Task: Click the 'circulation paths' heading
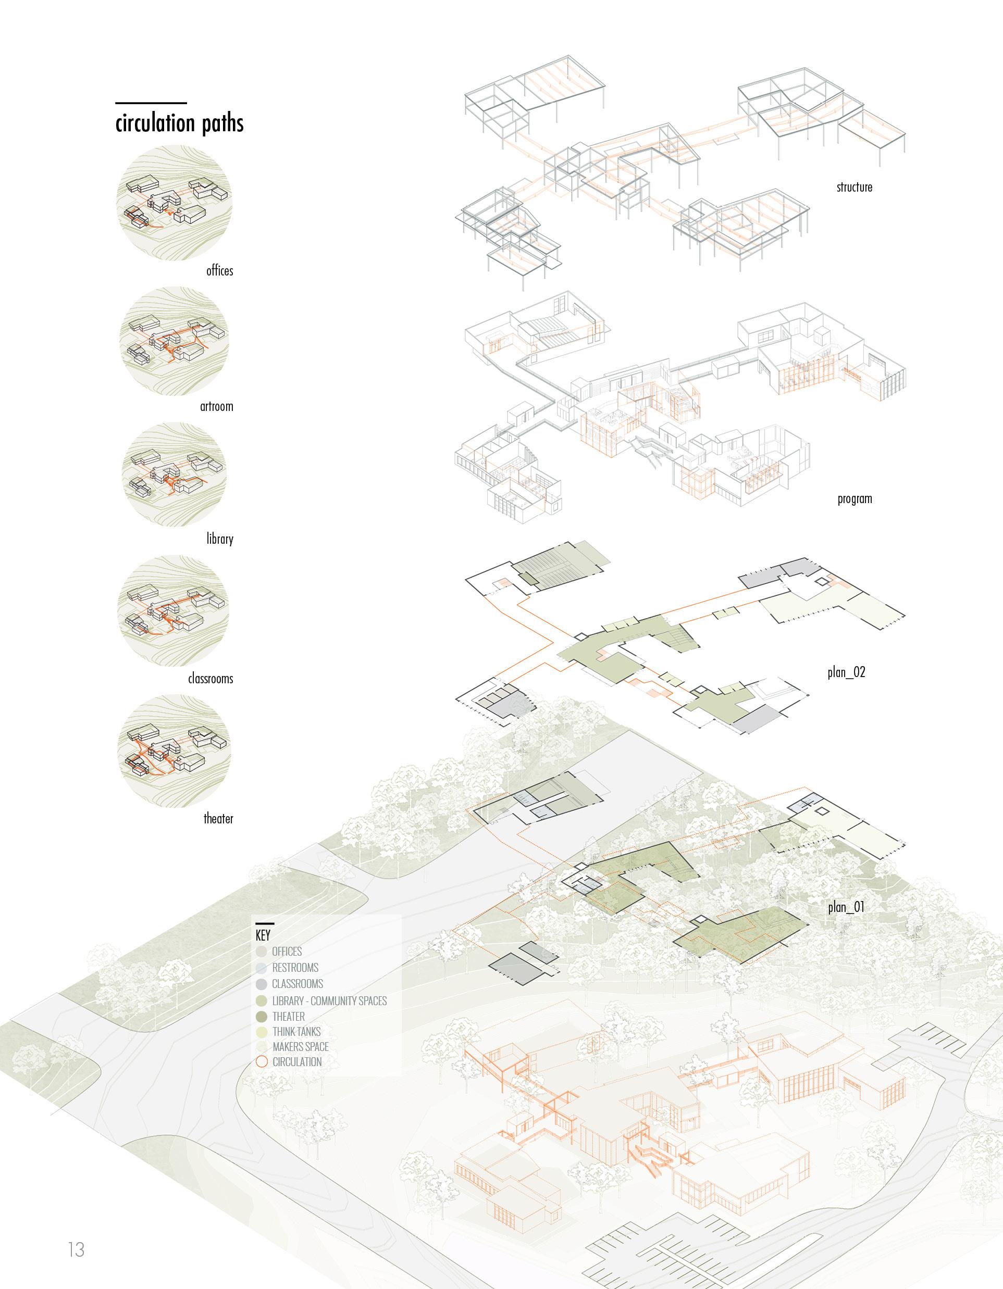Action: [x=179, y=123]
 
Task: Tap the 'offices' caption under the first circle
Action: [x=219, y=271]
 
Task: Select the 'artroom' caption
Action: [x=217, y=406]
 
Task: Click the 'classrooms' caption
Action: [x=210, y=679]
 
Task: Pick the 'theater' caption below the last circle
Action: [x=218, y=819]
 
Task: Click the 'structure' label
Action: [x=854, y=187]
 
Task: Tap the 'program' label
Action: [x=854, y=499]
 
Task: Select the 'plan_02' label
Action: [x=846, y=672]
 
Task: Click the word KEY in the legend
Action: [x=263, y=935]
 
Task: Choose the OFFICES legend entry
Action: [x=287, y=952]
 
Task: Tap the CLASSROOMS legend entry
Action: [x=297, y=984]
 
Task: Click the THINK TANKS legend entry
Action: [x=296, y=1032]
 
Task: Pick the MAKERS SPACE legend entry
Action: [x=300, y=1047]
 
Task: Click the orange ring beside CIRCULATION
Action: [x=262, y=1062]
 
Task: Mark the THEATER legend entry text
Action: [x=288, y=1016]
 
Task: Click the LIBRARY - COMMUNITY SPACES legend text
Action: [x=329, y=1001]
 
